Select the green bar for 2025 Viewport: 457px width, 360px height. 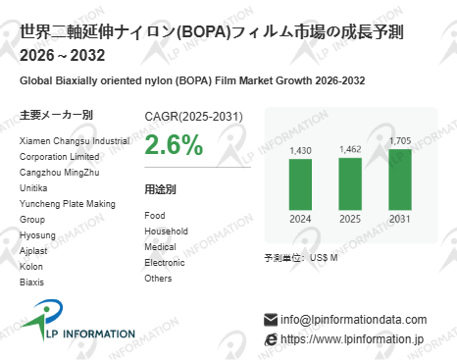349,183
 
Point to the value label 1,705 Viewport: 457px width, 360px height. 400,141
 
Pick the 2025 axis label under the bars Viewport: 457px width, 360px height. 349,219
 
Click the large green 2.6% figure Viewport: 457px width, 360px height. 174,145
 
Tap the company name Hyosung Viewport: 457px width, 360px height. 38,234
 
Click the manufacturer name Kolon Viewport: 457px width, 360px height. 32,266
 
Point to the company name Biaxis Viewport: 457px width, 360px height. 32,282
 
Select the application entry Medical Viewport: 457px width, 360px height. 160,246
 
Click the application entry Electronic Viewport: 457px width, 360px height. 164,262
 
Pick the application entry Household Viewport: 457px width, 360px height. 166,231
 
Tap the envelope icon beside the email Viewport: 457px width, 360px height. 271,320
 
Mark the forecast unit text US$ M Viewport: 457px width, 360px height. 324,257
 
